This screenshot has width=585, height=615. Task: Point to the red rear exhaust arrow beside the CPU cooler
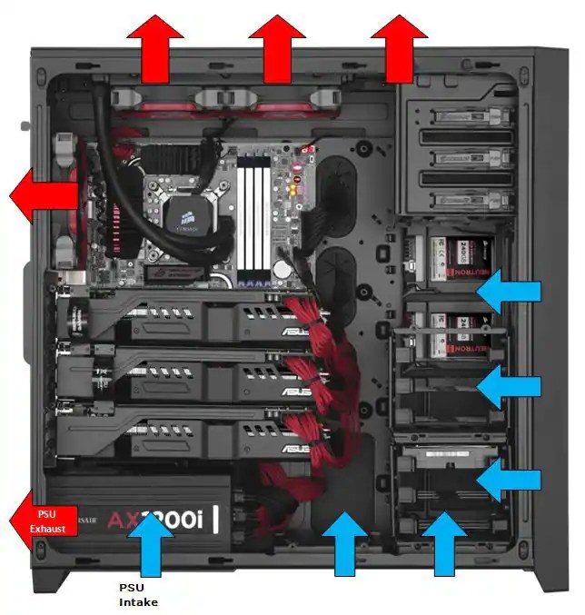point(44,193)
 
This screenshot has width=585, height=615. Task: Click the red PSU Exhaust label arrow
point(44,521)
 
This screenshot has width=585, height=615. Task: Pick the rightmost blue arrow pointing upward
point(444,544)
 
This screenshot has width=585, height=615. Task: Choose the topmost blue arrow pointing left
point(509,292)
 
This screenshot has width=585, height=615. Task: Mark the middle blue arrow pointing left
point(509,386)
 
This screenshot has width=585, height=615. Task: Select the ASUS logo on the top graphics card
point(296,332)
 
